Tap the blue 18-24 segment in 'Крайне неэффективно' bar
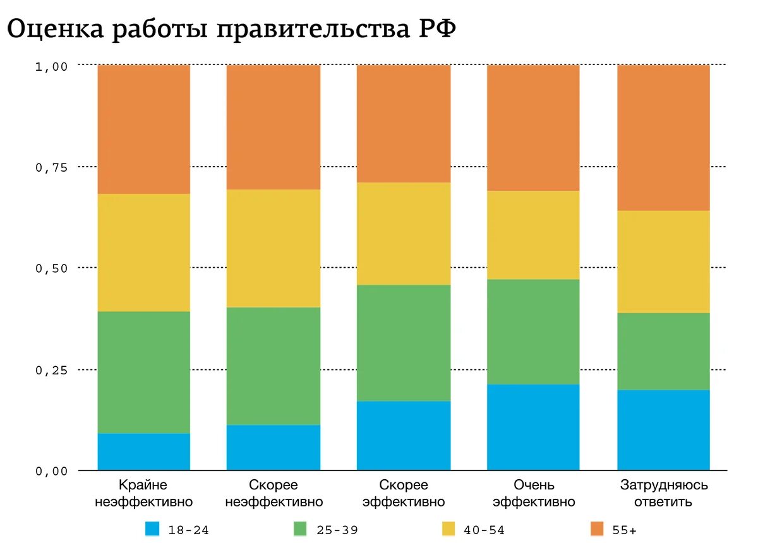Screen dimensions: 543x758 pyautogui.click(x=144, y=451)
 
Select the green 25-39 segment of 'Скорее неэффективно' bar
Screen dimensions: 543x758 pyautogui.click(x=274, y=366)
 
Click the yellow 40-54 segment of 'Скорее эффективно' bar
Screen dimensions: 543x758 pyautogui.click(x=404, y=234)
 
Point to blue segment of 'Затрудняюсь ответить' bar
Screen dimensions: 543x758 pyautogui.click(x=663, y=430)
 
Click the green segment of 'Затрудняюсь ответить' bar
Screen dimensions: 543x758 pyautogui.click(x=663, y=351)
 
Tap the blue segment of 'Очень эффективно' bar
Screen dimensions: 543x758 pyautogui.click(x=534, y=427)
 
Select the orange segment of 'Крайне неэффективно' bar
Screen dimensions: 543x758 pyautogui.click(x=144, y=129)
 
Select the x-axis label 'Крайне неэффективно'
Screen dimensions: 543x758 pyautogui.click(x=143, y=494)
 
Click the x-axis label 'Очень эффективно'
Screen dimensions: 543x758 pyautogui.click(x=534, y=494)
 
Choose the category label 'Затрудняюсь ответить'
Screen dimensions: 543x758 pyautogui.click(x=663, y=494)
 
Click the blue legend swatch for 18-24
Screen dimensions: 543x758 pyautogui.click(x=152, y=529)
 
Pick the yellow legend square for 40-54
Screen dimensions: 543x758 pyautogui.click(x=448, y=529)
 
